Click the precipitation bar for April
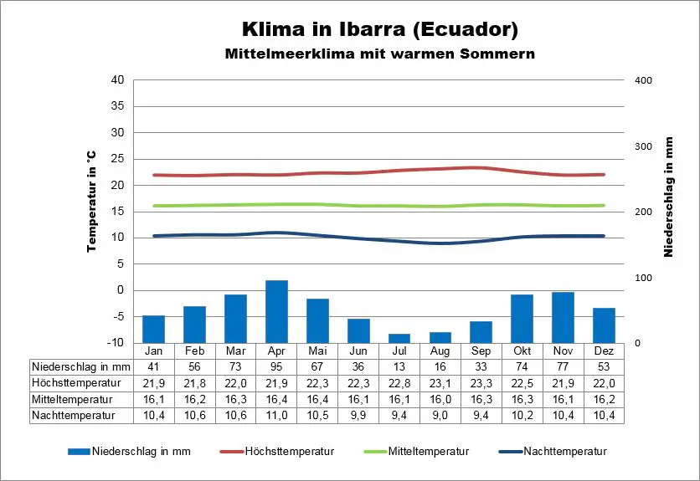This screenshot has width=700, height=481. (276, 311)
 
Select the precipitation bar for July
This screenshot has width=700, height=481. (399, 338)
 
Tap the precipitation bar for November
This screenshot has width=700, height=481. (563, 317)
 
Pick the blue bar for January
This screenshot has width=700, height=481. (153, 329)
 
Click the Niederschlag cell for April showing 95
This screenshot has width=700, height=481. (276, 366)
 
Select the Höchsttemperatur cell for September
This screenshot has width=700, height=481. (481, 382)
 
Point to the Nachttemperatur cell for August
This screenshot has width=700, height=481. (440, 415)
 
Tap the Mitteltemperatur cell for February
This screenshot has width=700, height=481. (194, 399)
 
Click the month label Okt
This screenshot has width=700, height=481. (522, 350)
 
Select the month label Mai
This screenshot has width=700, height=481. (317, 350)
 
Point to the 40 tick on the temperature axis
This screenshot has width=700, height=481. (117, 80)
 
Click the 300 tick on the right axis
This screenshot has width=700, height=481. (642, 146)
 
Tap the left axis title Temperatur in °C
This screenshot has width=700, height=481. (91, 201)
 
